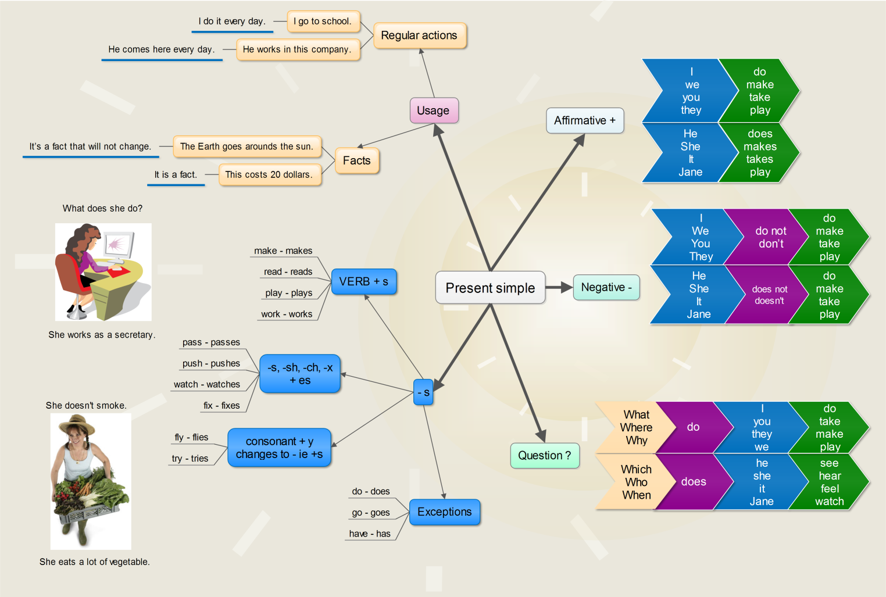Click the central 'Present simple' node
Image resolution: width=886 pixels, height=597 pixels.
(490, 288)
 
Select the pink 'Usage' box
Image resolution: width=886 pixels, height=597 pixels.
(433, 110)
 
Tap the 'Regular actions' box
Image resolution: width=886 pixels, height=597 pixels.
(419, 35)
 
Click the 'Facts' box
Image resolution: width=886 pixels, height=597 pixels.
(356, 160)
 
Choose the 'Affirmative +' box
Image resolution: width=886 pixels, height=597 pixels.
(584, 120)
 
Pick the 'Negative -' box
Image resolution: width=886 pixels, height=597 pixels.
(606, 287)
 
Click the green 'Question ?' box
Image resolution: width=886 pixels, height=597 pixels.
(544, 455)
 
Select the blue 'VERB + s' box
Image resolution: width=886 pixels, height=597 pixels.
(363, 281)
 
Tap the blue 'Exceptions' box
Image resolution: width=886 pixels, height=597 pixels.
(444, 512)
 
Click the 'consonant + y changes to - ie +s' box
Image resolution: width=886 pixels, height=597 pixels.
(279, 448)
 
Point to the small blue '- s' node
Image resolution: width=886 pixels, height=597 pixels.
(423, 392)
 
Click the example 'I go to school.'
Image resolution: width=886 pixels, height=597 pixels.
(323, 22)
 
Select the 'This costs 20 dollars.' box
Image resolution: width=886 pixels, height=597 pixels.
(269, 174)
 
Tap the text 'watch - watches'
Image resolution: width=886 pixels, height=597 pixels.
(207, 384)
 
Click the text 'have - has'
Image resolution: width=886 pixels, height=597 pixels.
(370, 534)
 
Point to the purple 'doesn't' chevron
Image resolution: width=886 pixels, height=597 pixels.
(769, 295)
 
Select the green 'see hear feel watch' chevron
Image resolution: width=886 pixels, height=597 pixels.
(829, 482)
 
